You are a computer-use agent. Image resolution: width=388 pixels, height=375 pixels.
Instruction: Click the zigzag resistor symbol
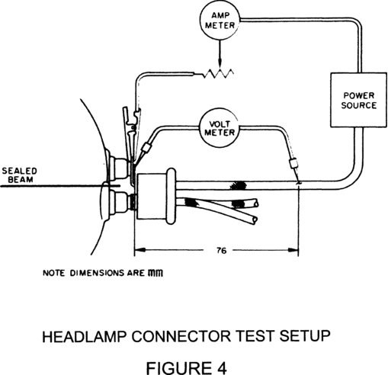coord(218,74)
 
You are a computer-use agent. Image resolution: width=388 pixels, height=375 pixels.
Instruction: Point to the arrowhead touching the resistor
coord(220,65)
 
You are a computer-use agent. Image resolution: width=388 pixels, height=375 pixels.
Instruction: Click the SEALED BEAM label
coord(19,175)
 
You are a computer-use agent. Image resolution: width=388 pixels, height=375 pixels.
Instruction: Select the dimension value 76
coord(222,251)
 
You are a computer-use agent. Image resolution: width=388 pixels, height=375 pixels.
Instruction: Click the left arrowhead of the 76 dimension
coord(139,250)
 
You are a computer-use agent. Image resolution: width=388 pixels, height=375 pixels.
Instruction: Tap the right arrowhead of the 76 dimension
coord(293,250)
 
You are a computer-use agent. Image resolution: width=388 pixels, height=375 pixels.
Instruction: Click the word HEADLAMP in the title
coord(84,336)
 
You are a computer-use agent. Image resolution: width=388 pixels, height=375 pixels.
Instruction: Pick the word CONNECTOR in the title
coord(181,336)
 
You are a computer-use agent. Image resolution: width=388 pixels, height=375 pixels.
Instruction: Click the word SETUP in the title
coord(305,336)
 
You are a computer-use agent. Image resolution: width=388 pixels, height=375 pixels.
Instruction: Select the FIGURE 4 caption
coord(186,367)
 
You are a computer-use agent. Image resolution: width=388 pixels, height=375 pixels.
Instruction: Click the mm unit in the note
coord(156,274)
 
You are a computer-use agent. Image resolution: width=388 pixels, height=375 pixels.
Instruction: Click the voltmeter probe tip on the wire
coord(299,181)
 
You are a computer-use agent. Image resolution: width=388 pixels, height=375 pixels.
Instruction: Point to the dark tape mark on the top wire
coord(238,185)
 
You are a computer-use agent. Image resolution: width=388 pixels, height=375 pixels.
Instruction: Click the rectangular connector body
coord(152,196)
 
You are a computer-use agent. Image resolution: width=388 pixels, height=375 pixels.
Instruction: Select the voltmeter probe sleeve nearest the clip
coord(146,148)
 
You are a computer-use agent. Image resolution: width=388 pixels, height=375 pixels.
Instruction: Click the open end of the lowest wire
coord(255,220)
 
